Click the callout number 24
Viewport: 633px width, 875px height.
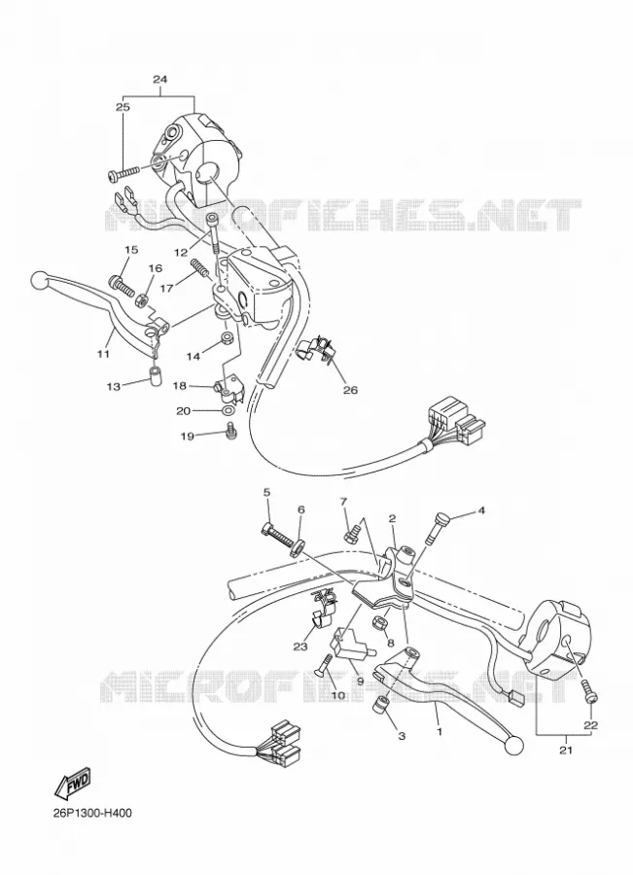pyautogui.click(x=159, y=80)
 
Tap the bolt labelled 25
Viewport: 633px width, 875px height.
pyautogui.click(x=123, y=173)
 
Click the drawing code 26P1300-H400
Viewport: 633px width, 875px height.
pyautogui.click(x=92, y=813)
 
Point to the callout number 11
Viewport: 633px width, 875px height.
pyautogui.click(x=104, y=353)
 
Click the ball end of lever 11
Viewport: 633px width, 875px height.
pyautogui.click(x=39, y=278)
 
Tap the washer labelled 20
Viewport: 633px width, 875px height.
pyautogui.click(x=228, y=411)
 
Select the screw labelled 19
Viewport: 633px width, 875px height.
pyautogui.click(x=228, y=432)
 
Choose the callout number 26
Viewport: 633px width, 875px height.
pyautogui.click(x=350, y=390)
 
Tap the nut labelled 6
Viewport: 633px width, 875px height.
pyautogui.click(x=297, y=546)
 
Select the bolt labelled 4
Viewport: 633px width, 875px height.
pyautogui.click(x=438, y=527)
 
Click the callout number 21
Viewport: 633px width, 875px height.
pyautogui.click(x=566, y=751)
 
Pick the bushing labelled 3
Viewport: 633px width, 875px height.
pyautogui.click(x=380, y=704)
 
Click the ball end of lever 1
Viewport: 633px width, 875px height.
pyautogui.click(x=514, y=745)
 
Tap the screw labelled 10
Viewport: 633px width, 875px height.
pyautogui.click(x=323, y=667)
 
